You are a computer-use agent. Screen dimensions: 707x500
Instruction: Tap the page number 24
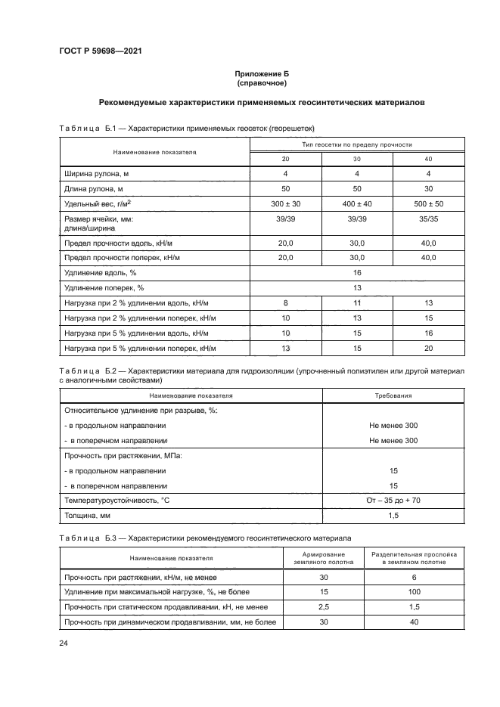[64, 643]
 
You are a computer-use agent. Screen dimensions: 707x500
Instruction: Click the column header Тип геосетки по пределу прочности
[357, 144]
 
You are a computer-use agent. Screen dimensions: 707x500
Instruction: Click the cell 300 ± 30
[285, 204]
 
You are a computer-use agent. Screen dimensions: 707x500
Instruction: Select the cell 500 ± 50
[428, 204]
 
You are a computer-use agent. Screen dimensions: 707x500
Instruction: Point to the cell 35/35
[428, 219]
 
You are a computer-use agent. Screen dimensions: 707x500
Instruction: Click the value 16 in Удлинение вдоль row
[357, 272]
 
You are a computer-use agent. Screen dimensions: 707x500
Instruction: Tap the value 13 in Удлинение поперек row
[357, 288]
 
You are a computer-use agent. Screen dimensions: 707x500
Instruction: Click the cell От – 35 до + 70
[393, 500]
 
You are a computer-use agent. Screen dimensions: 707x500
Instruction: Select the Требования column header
[393, 395]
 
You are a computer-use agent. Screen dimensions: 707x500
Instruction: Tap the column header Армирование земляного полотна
[323, 558]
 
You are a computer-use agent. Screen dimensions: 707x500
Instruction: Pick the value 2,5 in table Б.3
[323, 606]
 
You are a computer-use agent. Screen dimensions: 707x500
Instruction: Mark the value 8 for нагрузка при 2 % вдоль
[285, 303]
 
